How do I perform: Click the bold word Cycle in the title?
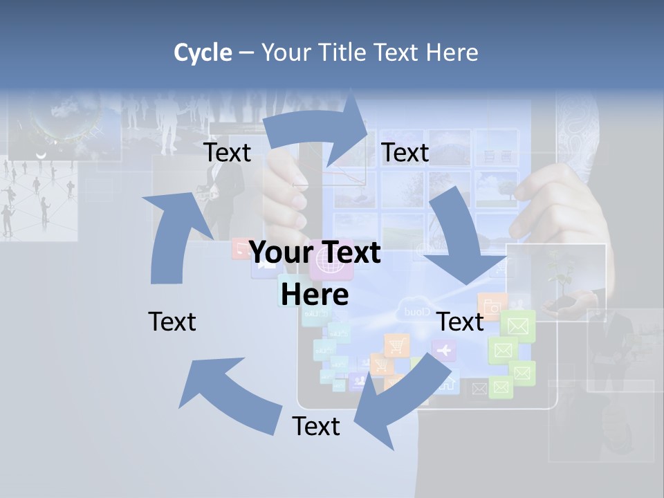click(x=203, y=53)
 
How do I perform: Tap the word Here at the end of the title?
click(x=451, y=53)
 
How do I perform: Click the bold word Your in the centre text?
click(x=273, y=252)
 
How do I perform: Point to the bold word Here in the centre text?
click(x=315, y=295)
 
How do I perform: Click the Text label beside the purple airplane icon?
click(x=461, y=322)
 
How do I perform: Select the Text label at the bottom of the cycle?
click(x=316, y=426)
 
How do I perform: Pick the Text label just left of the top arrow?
click(x=228, y=153)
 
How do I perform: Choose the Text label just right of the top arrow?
click(x=405, y=153)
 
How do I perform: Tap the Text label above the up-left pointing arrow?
click(x=172, y=322)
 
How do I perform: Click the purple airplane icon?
click(x=444, y=351)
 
